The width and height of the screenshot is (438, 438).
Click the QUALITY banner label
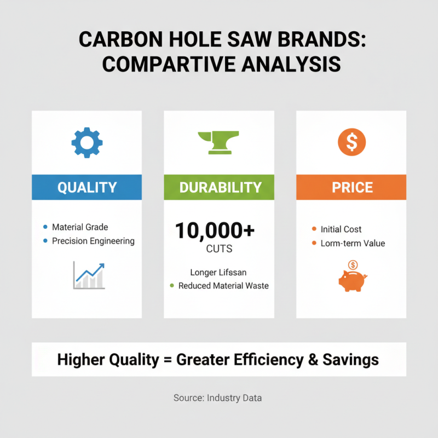[x=87, y=187]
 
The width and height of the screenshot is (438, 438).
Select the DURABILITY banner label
[x=219, y=187]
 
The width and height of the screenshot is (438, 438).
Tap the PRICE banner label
[x=351, y=187]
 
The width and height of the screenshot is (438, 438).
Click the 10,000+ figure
[x=215, y=231]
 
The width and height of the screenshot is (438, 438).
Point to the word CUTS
[x=219, y=249]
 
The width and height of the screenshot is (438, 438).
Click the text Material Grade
[x=80, y=227]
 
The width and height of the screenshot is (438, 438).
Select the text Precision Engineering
[x=93, y=241]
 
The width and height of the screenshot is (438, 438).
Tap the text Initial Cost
[x=341, y=229]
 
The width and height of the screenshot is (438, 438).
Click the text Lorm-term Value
[x=353, y=243]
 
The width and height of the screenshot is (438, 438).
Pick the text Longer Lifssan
[x=219, y=272]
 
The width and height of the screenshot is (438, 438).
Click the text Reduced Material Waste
[x=223, y=286]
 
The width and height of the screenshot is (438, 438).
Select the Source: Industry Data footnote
[x=217, y=398]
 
